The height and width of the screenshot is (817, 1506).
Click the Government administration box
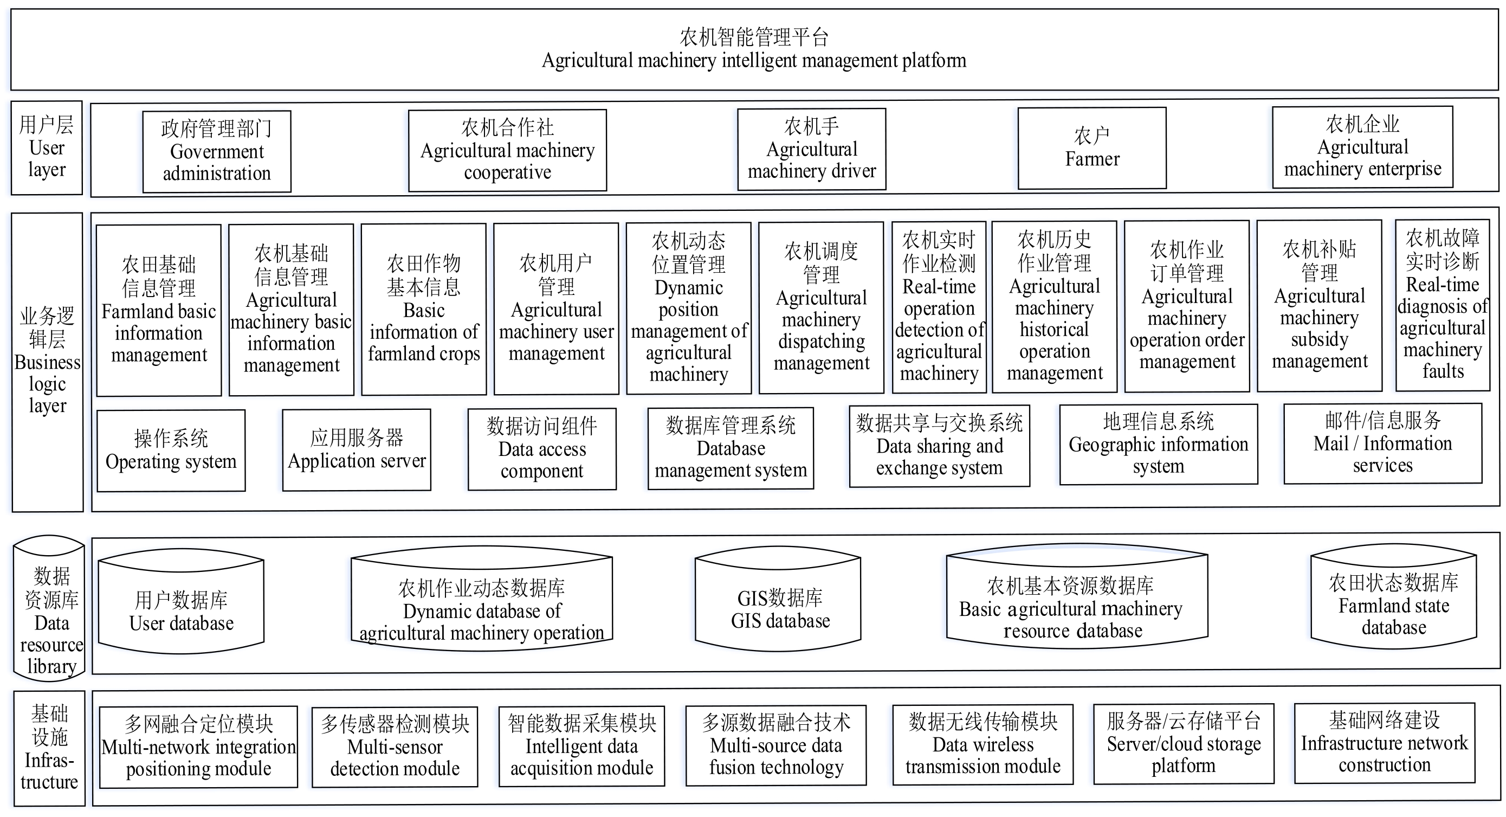tap(217, 151)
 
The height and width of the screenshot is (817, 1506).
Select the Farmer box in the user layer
tap(1092, 148)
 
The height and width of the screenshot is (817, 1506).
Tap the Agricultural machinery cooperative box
tap(507, 150)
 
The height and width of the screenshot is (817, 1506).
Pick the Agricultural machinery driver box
tap(811, 149)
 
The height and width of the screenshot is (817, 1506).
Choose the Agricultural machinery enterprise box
tap(1363, 147)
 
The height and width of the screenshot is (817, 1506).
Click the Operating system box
tap(171, 451)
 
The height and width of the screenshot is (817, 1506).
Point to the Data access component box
tap(542, 449)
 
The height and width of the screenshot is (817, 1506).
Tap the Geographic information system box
tap(1159, 445)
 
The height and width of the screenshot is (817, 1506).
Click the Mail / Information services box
tap(1382, 443)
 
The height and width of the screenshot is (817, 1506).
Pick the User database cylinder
tap(181, 602)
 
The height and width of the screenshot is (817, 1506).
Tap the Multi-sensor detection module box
tap(395, 747)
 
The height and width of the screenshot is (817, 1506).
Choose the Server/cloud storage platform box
tap(1184, 744)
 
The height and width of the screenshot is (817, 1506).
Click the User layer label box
tap(47, 148)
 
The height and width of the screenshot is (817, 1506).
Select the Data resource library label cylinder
tap(49, 608)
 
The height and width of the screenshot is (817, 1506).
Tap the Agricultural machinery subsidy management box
tap(1320, 306)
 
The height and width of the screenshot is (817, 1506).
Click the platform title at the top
tap(754, 49)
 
